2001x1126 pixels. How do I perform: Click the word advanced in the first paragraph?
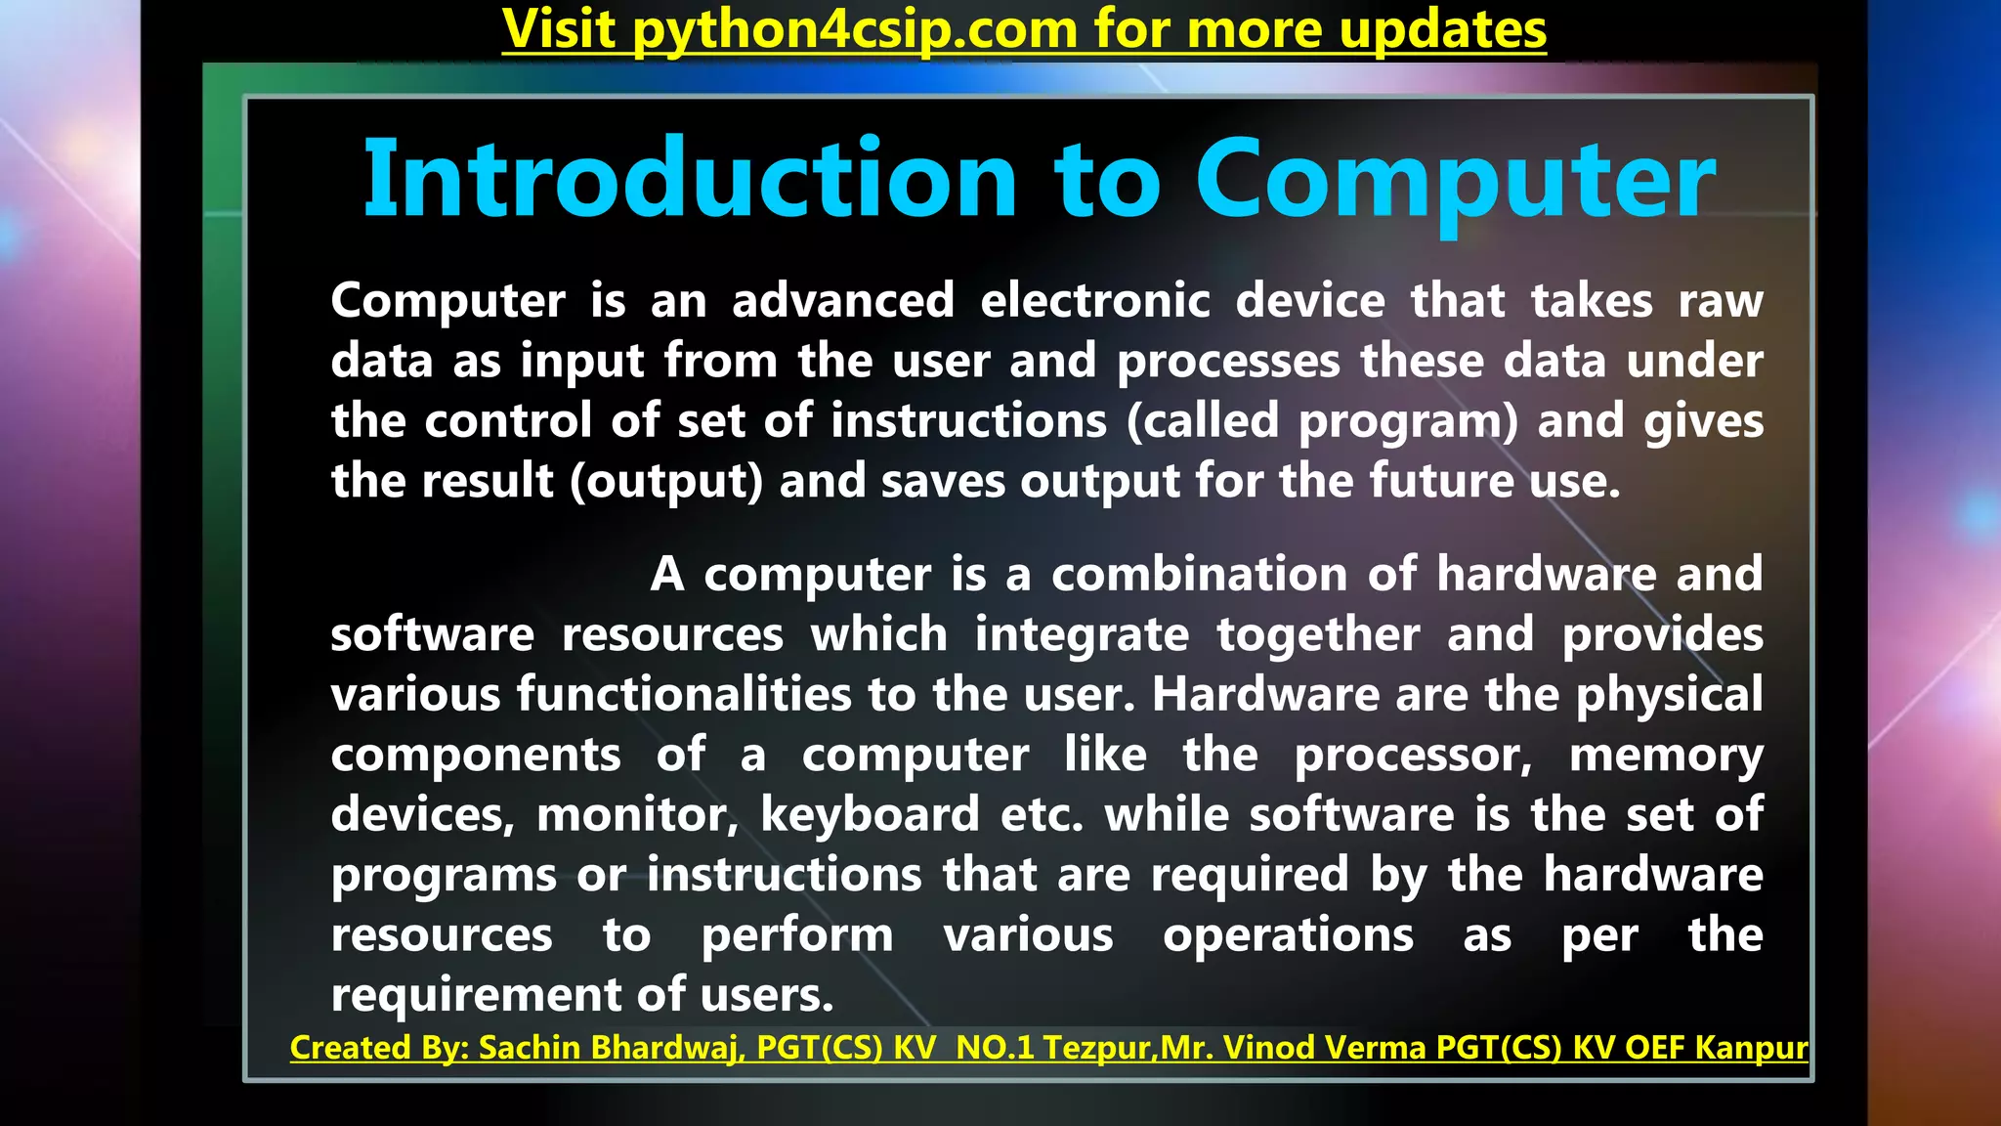click(x=843, y=300)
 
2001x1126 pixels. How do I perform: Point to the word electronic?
click(x=1095, y=300)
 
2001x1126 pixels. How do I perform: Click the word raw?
click(x=1721, y=300)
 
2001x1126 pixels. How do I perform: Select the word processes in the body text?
click(x=1228, y=361)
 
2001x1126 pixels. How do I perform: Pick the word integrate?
click(x=1082, y=635)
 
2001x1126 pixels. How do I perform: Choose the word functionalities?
click(x=684, y=695)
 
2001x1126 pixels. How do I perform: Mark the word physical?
click(x=1669, y=695)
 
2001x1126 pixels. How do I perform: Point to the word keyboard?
click(x=870, y=815)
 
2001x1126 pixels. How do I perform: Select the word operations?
click(x=1288, y=935)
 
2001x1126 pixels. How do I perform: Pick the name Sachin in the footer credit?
click(x=531, y=1048)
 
